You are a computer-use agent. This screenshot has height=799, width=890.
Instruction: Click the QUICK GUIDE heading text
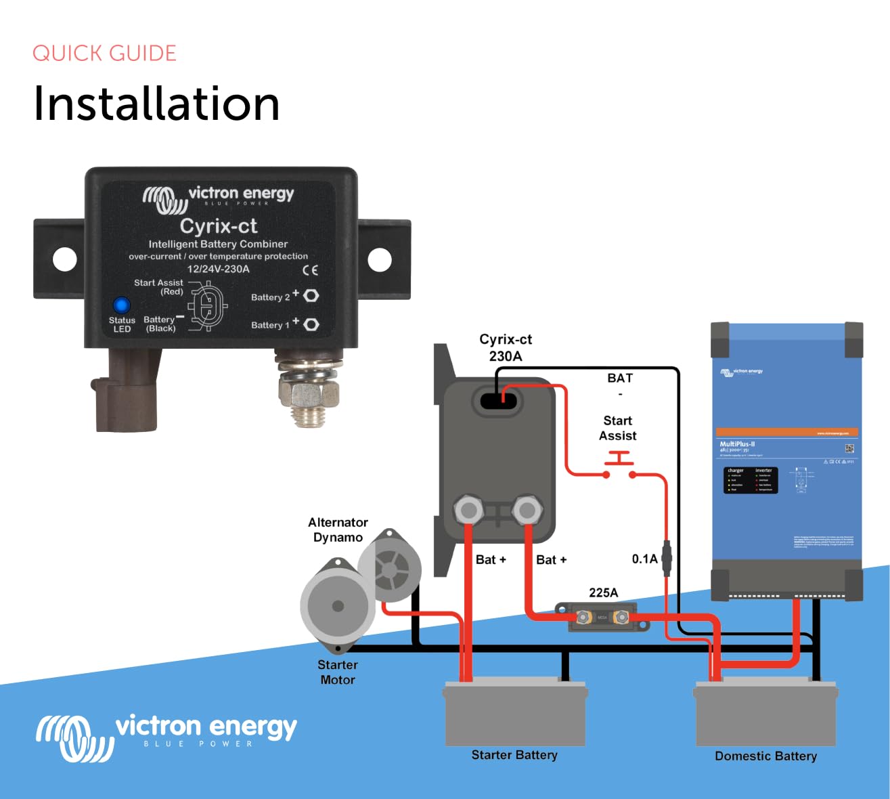coord(104,53)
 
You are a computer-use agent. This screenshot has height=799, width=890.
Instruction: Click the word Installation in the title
coord(156,104)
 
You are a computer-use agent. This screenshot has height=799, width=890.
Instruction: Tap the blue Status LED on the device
coord(121,305)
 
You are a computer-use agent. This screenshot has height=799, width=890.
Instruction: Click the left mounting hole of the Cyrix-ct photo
coord(65,259)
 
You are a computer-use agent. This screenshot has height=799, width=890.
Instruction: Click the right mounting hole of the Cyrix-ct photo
coord(379,259)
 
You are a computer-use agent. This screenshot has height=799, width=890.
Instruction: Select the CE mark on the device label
coord(310,270)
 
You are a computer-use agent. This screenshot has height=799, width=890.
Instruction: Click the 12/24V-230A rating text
coord(218,269)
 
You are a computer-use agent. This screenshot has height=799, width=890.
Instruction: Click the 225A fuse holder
coord(602,617)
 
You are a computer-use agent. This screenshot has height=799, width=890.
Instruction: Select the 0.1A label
coord(644,559)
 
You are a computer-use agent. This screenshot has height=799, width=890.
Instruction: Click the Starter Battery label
coord(514,755)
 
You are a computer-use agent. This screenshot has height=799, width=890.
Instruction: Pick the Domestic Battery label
coord(765,756)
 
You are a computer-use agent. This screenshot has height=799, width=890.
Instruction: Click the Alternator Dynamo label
coord(338,530)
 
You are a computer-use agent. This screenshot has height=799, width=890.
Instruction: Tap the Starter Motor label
coord(338,672)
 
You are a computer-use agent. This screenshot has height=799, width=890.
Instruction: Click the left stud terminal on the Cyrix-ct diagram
coord(468,510)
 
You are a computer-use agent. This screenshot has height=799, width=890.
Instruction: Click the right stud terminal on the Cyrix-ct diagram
coord(527,510)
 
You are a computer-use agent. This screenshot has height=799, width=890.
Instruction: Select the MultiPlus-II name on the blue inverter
coord(737,444)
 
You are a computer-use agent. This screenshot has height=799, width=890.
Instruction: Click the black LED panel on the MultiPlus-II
coord(751,479)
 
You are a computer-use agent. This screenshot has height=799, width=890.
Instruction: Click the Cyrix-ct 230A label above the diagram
coord(506,347)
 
